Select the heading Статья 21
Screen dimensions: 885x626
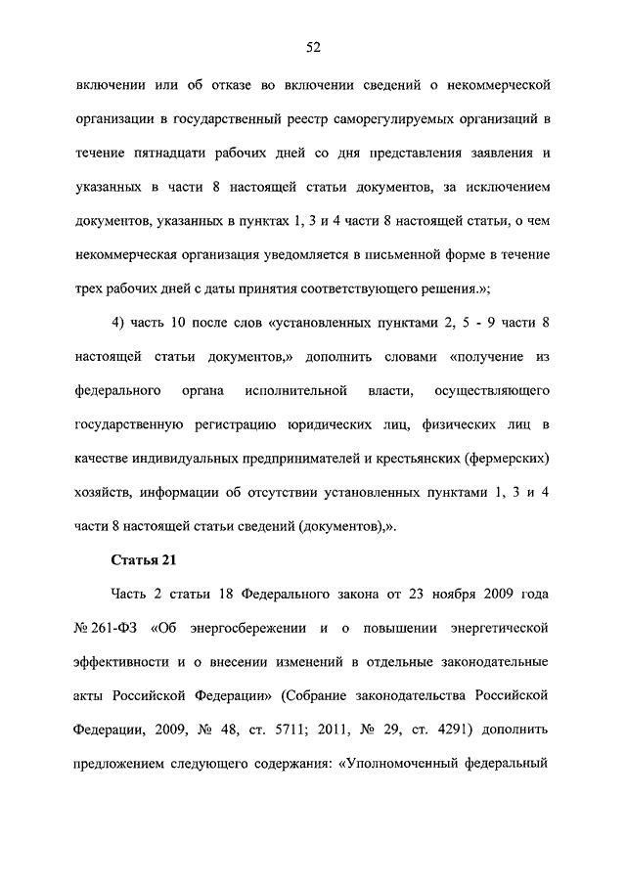(122, 560)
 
